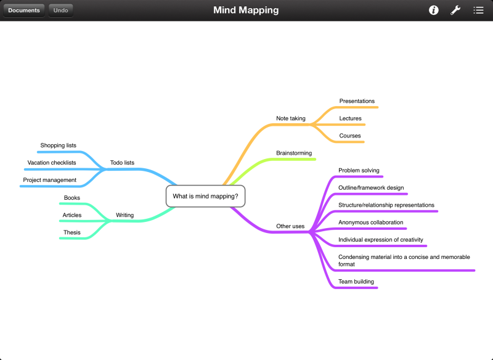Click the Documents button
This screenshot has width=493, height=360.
click(x=24, y=10)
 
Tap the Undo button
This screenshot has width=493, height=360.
click(x=60, y=10)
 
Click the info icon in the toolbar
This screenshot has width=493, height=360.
click(x=434, y=10)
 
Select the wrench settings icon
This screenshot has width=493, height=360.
click(x=455, y=10)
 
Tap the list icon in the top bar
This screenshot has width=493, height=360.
click(x=478, y=10)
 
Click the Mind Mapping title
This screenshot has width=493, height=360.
click(x=246, y=10)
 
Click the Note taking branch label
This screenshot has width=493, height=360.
click(x=291, y=118)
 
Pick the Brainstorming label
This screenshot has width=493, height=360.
click(x=294, y=153)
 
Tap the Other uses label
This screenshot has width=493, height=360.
click(x=290, y=226)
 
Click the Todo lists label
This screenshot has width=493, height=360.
click(x=122, y=163)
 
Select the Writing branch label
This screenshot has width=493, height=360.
click(x=124, y=215)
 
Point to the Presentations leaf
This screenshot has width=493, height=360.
click(x=357, y=101)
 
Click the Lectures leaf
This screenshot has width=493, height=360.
click(x=350, y=118)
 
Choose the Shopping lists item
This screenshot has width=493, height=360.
click(x=59, y=145)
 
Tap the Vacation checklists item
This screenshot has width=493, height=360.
click(x=52, y=163)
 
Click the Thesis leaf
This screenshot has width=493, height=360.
click(x=71, y=232)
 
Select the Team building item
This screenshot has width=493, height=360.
click(x=356, y=282)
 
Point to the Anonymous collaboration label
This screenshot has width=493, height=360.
click(x=371, y=222)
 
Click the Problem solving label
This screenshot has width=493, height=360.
click(x=359, y=170)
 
